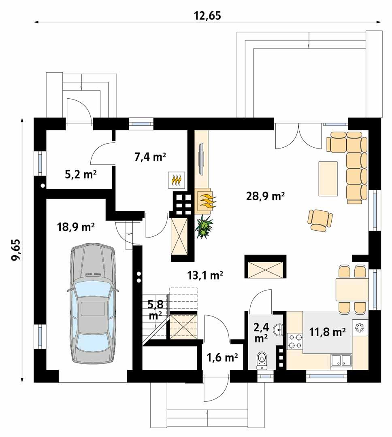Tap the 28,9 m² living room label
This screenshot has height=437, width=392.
[x=265, y=197]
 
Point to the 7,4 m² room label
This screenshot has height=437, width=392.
[x=150, y=157]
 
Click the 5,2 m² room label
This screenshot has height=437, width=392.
[x=80, y=174]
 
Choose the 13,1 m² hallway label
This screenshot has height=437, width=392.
[x=206, y=276]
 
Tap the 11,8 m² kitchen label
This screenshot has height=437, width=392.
[x=327, y=332]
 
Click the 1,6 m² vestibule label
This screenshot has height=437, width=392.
[x=222, y=357]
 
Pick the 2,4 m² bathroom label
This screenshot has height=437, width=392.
[x=261, y=332]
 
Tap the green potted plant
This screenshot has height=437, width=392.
[x=205, y=227]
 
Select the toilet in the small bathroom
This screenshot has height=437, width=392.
[x=262, y=360]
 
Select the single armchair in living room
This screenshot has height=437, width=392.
[x=320, y=220]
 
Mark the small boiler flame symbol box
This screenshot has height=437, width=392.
[x=177, y=180]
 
